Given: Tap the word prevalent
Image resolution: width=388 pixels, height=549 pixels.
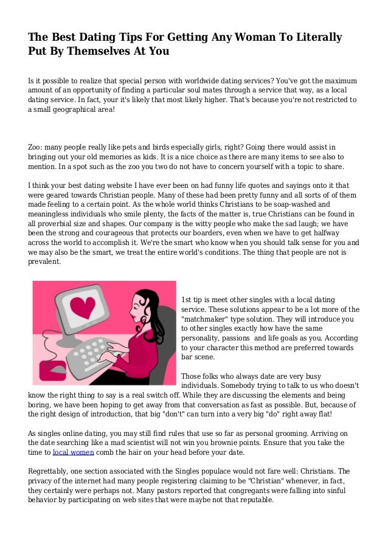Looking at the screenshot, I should point(44,262).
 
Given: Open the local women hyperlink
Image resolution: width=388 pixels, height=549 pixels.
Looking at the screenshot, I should point(74,452).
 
